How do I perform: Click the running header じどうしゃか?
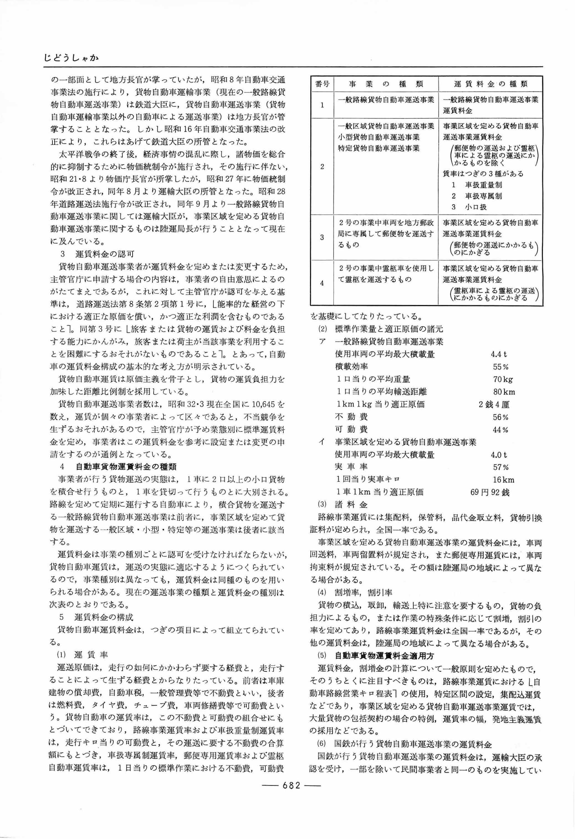(71, 58)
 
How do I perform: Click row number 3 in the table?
(322, 238)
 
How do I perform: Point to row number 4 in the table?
(322, 283)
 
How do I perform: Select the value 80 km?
(504, 392)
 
